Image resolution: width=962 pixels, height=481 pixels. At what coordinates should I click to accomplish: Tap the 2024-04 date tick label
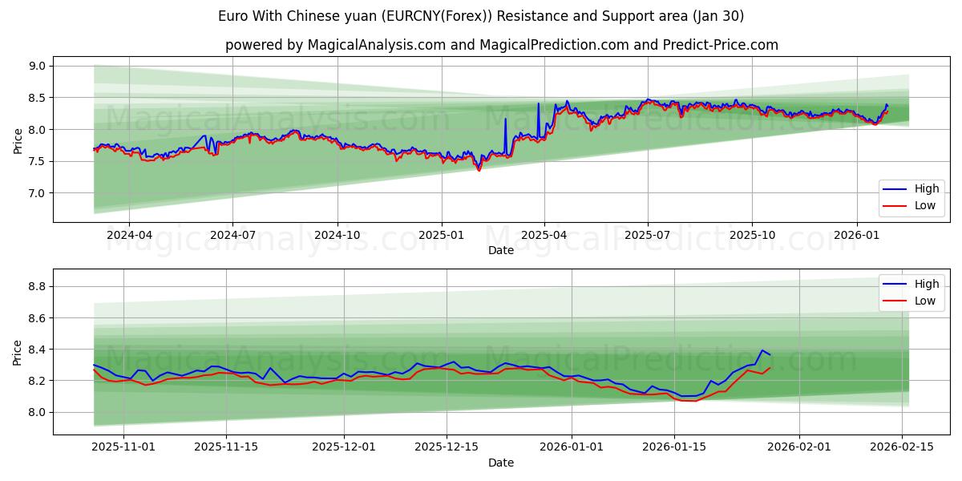coord(128,236)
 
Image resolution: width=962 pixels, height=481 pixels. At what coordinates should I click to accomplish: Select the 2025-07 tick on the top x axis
coord(648,236)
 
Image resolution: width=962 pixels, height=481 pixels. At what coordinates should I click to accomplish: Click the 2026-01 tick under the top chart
coord(856,236)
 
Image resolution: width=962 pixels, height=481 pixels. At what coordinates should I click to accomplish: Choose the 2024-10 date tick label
coord(337,236)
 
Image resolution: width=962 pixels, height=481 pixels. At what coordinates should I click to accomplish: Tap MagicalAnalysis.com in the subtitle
coord(376,45)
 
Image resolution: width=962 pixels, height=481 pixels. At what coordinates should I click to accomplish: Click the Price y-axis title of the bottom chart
coord(18,352)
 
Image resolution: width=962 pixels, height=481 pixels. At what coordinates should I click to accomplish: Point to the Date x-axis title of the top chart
coord(501,250)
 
